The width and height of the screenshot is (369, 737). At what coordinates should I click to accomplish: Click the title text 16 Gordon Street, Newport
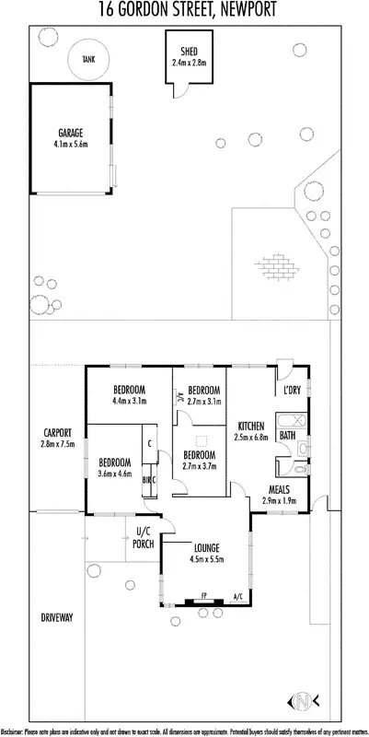point(184,9)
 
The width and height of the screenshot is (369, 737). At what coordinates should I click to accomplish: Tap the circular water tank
point(88,59)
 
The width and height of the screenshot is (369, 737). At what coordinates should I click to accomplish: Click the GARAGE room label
point(70,133)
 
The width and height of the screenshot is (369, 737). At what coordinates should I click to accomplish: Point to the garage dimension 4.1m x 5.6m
point(70,144)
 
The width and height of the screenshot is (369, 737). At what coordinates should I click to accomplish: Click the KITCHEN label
point(251,426)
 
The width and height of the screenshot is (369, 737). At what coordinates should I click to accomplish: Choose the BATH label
point(287,435)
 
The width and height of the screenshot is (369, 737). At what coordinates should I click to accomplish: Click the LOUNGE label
point(206,547)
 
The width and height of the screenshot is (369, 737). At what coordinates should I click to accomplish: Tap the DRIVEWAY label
point(56,617)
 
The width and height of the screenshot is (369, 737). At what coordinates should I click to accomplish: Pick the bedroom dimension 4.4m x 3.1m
point(130,402)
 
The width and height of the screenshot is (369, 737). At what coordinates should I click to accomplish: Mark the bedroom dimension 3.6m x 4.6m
point(115,474)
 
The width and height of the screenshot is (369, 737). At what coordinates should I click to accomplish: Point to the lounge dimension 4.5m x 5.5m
point(206,558)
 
